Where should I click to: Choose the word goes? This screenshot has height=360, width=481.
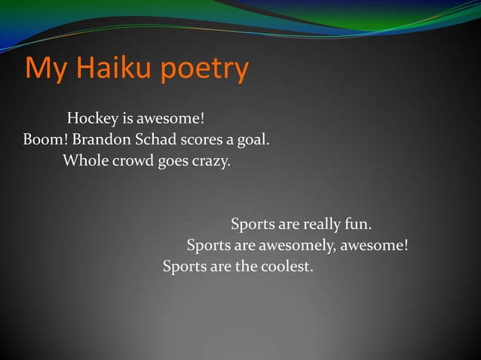coord(174,162)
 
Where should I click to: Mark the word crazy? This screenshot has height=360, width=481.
coord(212,162)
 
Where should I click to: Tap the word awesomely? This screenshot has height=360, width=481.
coord(296,246)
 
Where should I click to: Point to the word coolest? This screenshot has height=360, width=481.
coord(286,267)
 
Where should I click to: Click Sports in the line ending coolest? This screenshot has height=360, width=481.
coord(185,267)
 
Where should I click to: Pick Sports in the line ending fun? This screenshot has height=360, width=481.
coord(253,225)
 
